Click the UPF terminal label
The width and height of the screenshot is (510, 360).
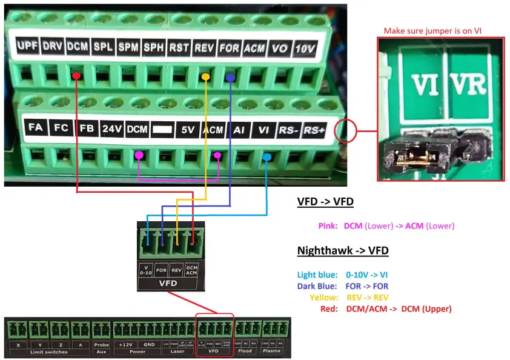click(x=27, y=46)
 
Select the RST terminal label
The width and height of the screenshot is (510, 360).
click(x=179, y=47)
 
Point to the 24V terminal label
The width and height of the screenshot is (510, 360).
click(x=112, y=128)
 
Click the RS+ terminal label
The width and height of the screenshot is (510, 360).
click(x=314, y=129)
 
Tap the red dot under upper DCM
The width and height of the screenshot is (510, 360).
click(x=76, y=76)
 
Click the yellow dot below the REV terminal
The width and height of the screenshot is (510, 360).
click(x=206, y=77)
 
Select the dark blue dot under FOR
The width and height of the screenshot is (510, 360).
click(x=230, y=78)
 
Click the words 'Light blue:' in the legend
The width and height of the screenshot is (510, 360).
click(x=317, y=275)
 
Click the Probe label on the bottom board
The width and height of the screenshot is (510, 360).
click(x=101, y=344)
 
